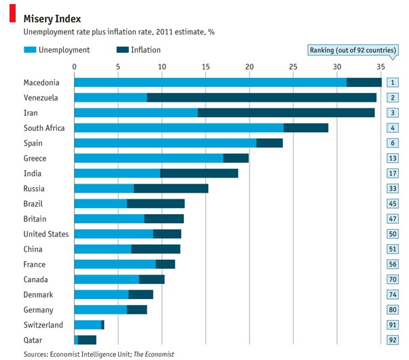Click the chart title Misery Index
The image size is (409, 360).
[52, 18]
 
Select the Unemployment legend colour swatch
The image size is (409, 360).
[30, 50]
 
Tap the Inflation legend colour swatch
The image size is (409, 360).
[122, 50]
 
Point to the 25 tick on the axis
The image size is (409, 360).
[293, 66]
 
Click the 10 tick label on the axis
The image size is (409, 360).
[161, 66]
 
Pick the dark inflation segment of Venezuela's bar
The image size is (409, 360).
[261, 98]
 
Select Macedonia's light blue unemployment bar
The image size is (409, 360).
[210, 83]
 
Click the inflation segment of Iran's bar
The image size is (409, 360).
[286, 113]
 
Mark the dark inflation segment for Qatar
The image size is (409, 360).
[87, 340]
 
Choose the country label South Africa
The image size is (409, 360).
[43, 128]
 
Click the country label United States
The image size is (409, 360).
[46, 234]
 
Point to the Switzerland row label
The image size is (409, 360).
[43, 325]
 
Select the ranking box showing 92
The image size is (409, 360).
[392, 340]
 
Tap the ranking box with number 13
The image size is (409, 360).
[392, 158]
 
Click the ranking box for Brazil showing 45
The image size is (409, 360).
[392, 203]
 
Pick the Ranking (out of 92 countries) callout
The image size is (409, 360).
[353, 50]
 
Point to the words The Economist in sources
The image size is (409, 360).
[153, 354]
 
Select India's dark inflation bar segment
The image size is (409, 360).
[199, 174]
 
